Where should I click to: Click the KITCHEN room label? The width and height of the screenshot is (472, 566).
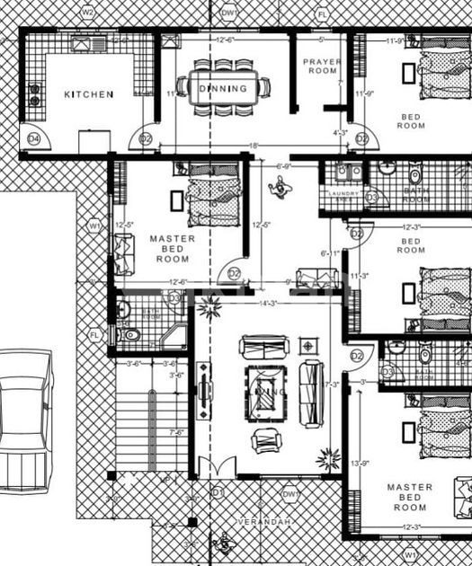[x=88, y=94]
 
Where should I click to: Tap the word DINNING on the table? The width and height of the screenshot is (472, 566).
[x=222, y=88]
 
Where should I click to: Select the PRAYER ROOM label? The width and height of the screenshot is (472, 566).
[x=321, y=66]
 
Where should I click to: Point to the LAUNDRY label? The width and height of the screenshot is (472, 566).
[x=343, y=193]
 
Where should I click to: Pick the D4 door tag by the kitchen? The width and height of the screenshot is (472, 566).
[x=34, y=138]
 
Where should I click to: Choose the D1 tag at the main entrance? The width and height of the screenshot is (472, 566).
[x=217, y=493]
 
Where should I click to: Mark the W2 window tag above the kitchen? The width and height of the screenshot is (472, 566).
[x=88, y=13]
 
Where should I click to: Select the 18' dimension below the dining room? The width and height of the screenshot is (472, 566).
[x=254, y=146]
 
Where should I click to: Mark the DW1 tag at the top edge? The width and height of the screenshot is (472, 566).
[x=229, y=13]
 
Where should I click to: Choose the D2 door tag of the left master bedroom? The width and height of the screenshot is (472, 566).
[x=234, y=272]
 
